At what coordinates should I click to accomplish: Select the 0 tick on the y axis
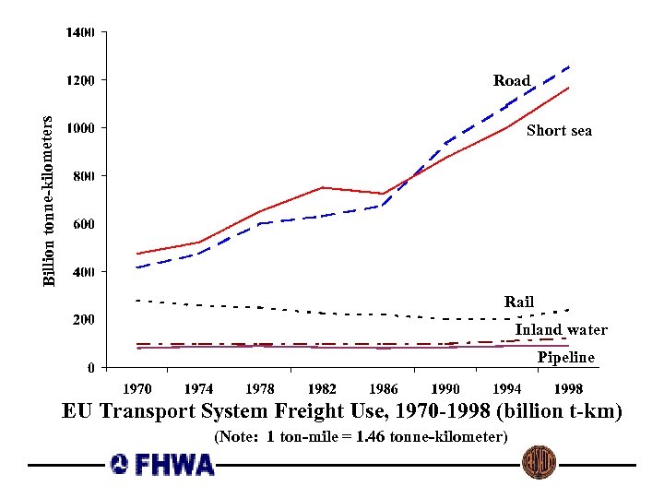[89, 368]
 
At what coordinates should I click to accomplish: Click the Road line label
[512, 81]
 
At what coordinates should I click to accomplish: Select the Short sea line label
[559, 131]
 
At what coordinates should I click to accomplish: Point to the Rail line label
[519, 302]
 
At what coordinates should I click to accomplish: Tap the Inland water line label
[561, 330]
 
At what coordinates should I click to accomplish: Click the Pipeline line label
[566, 358]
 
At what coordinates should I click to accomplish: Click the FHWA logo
[161, 464]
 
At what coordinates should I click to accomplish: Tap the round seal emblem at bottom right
[539, 462]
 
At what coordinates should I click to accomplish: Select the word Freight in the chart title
[341, 411]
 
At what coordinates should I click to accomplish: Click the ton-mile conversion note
[361, 436]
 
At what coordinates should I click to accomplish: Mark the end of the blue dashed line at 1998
[569, 66]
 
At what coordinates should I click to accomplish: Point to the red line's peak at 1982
[322, 187]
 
